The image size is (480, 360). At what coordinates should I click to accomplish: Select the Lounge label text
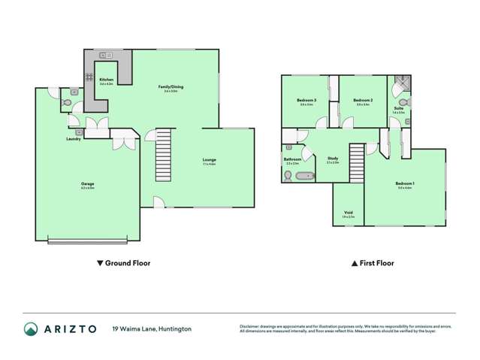pyautogui.click(x=210, y=159)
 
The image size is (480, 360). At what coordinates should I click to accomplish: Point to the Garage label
pyautogui.click(x=88, y=183)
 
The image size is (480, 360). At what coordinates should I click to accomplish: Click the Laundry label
pyautogui.click(x=74, y=139)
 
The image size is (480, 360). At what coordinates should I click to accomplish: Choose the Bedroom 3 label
pyautogui.click(x=305, y=101)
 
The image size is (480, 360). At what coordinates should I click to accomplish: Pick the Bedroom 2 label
pyautogui.click(x=364, y=101)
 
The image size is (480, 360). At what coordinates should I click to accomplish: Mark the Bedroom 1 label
pyautogui.click(x=406, y=183)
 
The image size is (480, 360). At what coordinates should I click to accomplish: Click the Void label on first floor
pyautogui.click(x=348, y=213)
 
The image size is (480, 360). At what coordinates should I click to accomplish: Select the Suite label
pyautogui.click(x=399, y=108)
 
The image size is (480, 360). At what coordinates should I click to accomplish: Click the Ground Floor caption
pyautogui.click(x=124, y=263)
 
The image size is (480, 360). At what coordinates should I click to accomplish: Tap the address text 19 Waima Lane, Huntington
pyautogui.click(x=152, y=328)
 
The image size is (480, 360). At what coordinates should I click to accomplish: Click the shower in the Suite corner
pyautogui.click(x=403, y=81)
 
